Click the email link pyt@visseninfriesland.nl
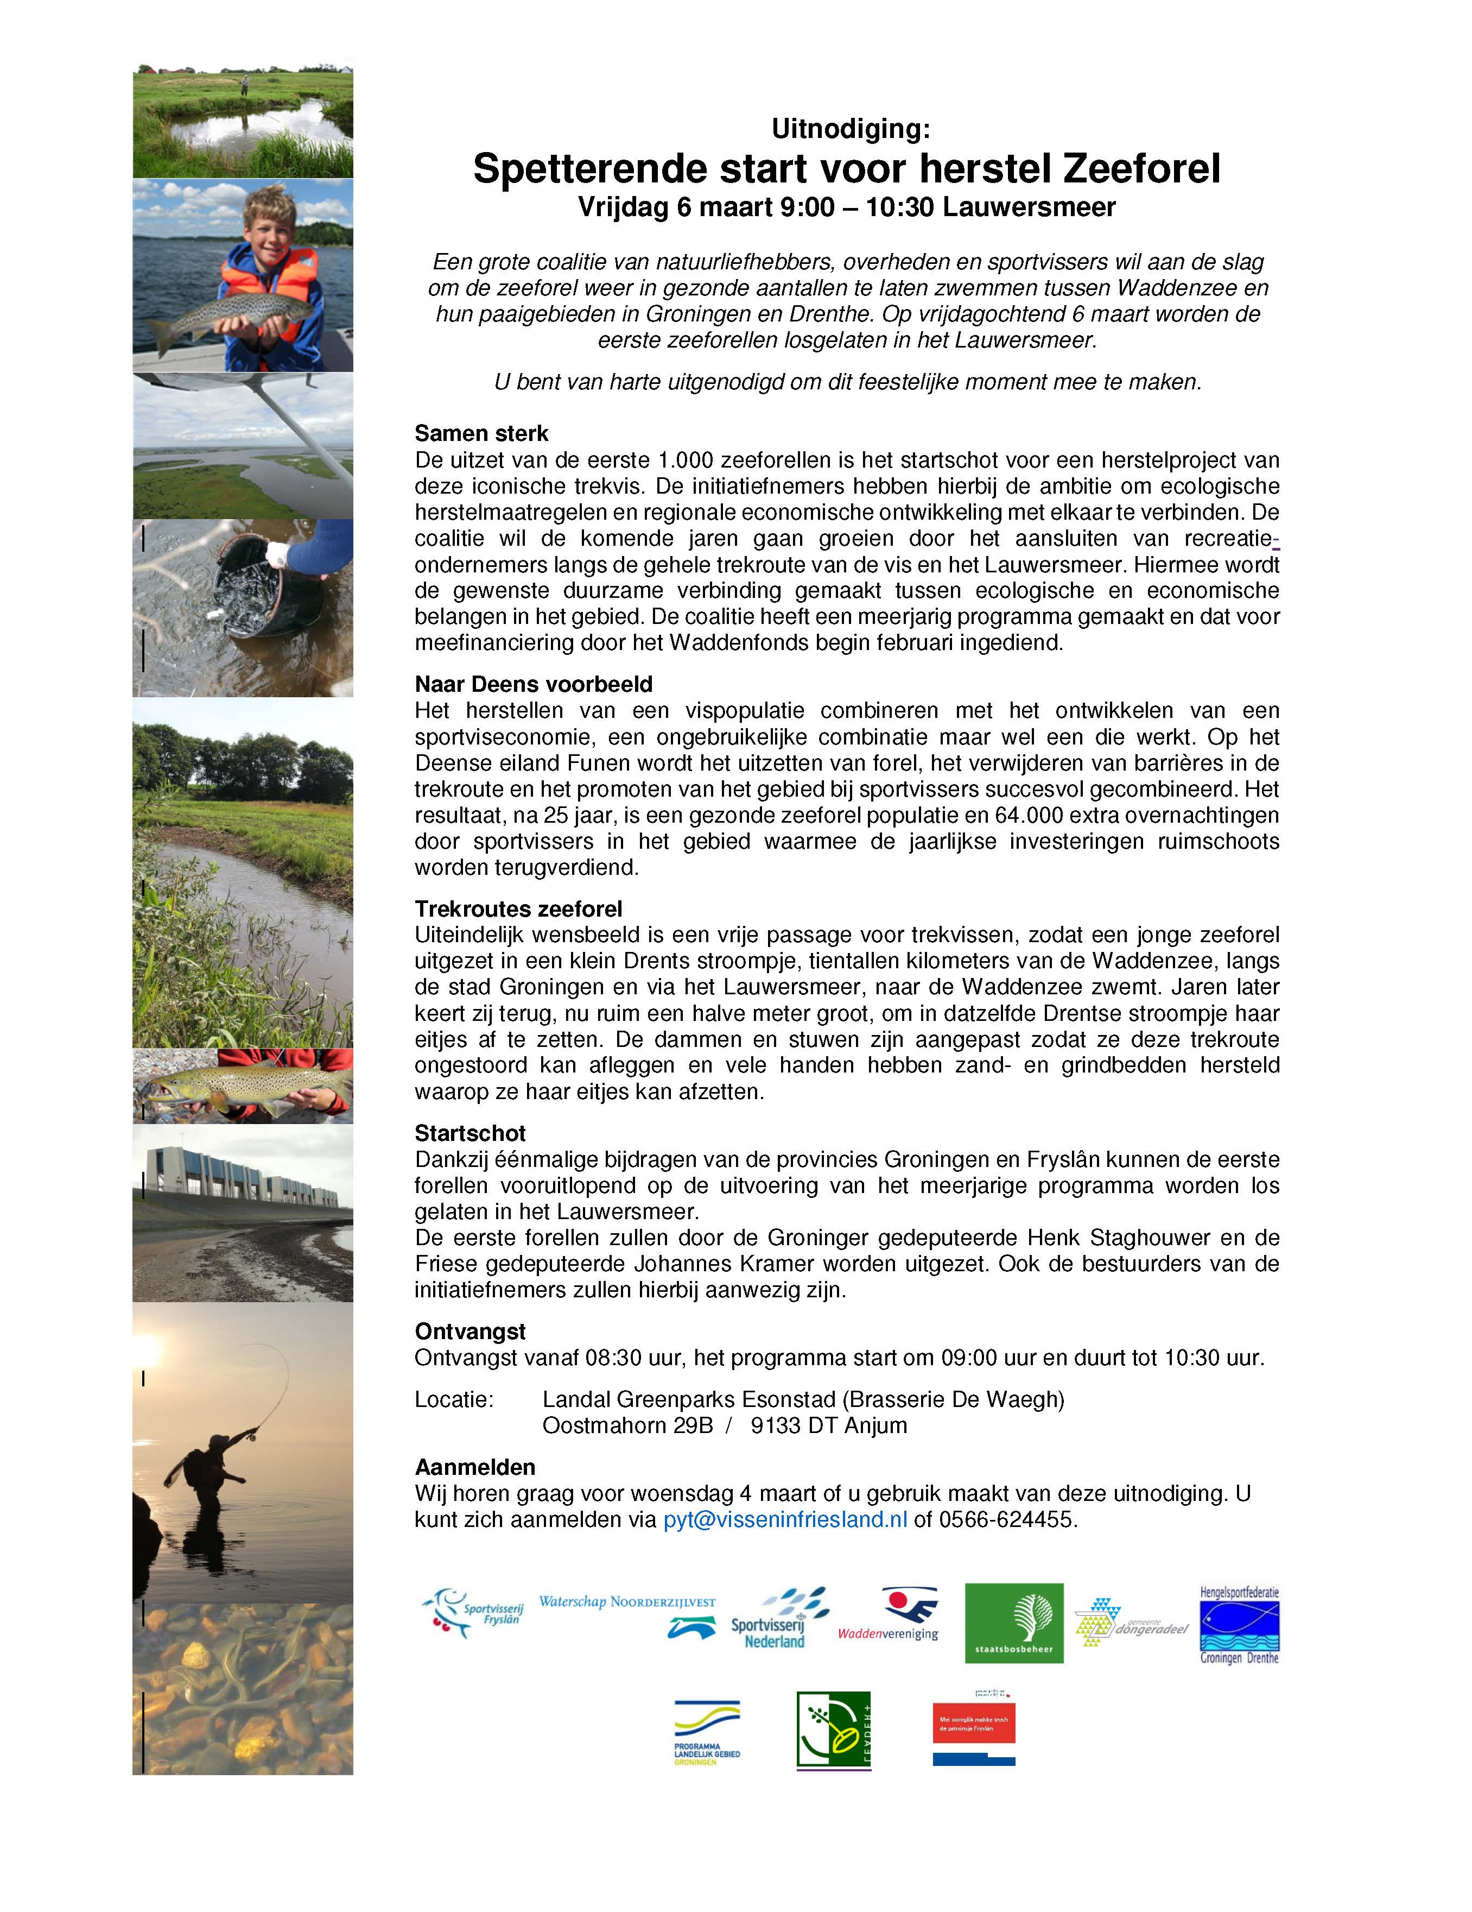784,1519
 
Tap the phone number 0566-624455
1006,1519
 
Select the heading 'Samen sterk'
481,433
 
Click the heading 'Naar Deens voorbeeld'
533,684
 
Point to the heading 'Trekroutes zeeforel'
518,908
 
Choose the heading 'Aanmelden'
474,1467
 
